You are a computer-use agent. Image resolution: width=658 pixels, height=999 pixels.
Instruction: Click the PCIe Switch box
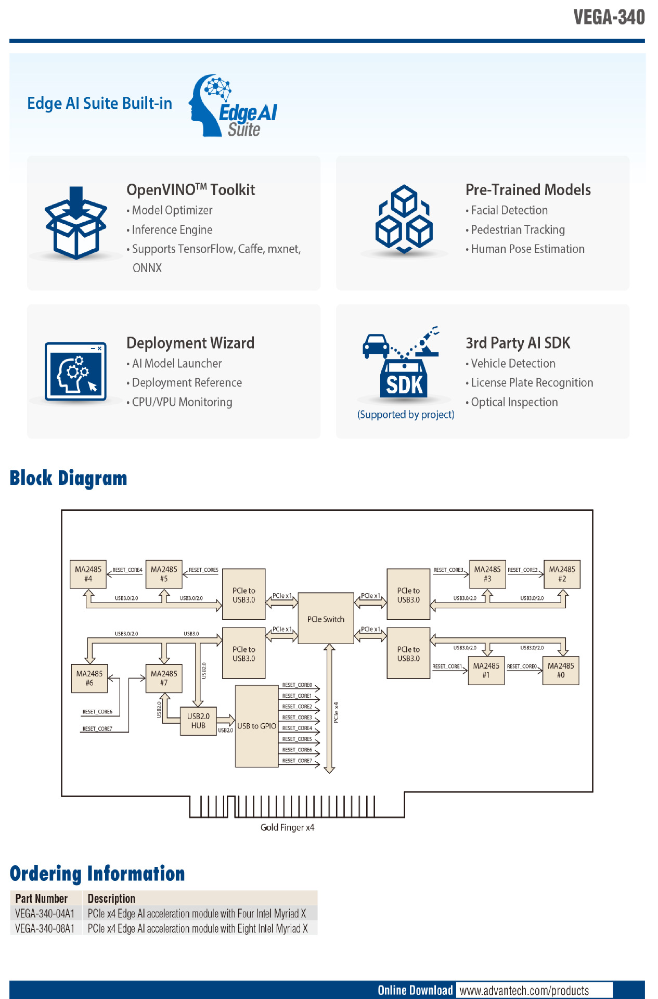[x=326, y=619]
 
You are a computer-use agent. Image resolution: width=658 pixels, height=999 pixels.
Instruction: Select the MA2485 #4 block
[x=88, y=574]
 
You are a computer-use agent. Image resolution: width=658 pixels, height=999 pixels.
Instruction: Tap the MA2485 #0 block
[x=560, y=670]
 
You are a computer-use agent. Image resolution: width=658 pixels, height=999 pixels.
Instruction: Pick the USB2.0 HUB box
[x=198, y=721]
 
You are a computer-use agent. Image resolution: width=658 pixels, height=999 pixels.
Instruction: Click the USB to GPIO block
[x=256, y=726]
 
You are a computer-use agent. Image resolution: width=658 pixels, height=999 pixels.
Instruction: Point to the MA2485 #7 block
[x=164, y=678]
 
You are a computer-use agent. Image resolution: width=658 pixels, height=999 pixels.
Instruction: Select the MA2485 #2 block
[x=562, y=574]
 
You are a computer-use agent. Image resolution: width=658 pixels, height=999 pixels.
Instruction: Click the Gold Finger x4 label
[x=287, y=827]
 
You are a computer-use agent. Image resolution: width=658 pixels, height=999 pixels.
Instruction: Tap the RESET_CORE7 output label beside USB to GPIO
[x=297, y=761]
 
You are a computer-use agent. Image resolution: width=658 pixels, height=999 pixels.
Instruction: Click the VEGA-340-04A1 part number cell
[x=45, y=914]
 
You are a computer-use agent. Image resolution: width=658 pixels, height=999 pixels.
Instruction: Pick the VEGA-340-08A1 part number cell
[x=45, y=929]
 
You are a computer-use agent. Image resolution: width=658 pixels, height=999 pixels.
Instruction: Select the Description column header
[x=111, y=899]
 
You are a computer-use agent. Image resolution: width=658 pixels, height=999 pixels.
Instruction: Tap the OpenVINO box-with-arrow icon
[x=76, y=223]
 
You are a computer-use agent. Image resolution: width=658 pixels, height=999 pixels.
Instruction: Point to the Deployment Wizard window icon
[x=76, y=371]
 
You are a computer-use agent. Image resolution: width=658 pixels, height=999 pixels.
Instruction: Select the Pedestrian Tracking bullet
[x=518, y=230]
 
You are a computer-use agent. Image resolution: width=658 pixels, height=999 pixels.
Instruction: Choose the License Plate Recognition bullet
[x=532, y=383]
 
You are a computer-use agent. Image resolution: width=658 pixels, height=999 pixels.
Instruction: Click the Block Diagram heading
[x=69, y=478]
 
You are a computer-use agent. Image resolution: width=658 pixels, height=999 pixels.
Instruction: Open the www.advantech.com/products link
[x=524, y=990]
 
